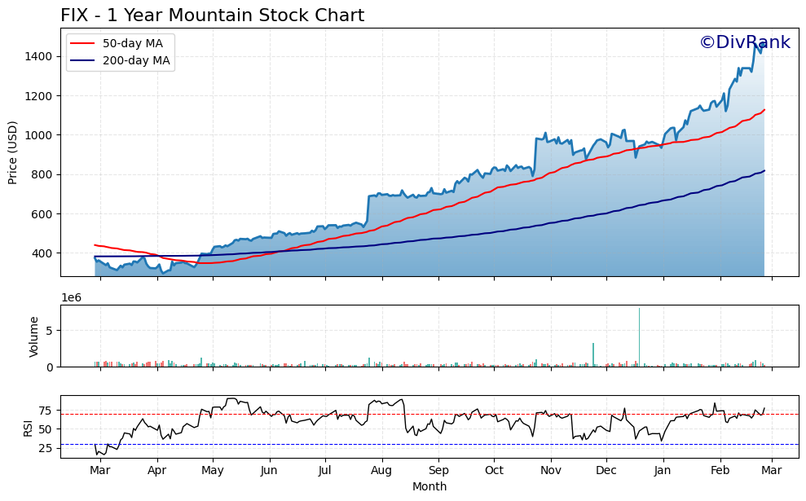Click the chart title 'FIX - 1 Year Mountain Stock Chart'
(212, 15)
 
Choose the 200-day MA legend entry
(135, 60)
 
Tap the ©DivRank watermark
(744, 42)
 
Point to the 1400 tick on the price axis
(39, 56)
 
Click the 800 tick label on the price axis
(42, 174)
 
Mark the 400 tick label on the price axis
(42, 253)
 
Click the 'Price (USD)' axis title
(13, 152)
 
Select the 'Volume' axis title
(34, 336)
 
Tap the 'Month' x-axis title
(429, 486)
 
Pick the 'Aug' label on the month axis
(381, 471)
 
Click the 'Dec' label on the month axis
(606, 471)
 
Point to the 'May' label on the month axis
(213, 471)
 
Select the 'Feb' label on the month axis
(720, 471)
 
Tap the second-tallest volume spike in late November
(593, 354)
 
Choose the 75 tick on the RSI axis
(46, 411)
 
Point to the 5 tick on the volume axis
(51, 331)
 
